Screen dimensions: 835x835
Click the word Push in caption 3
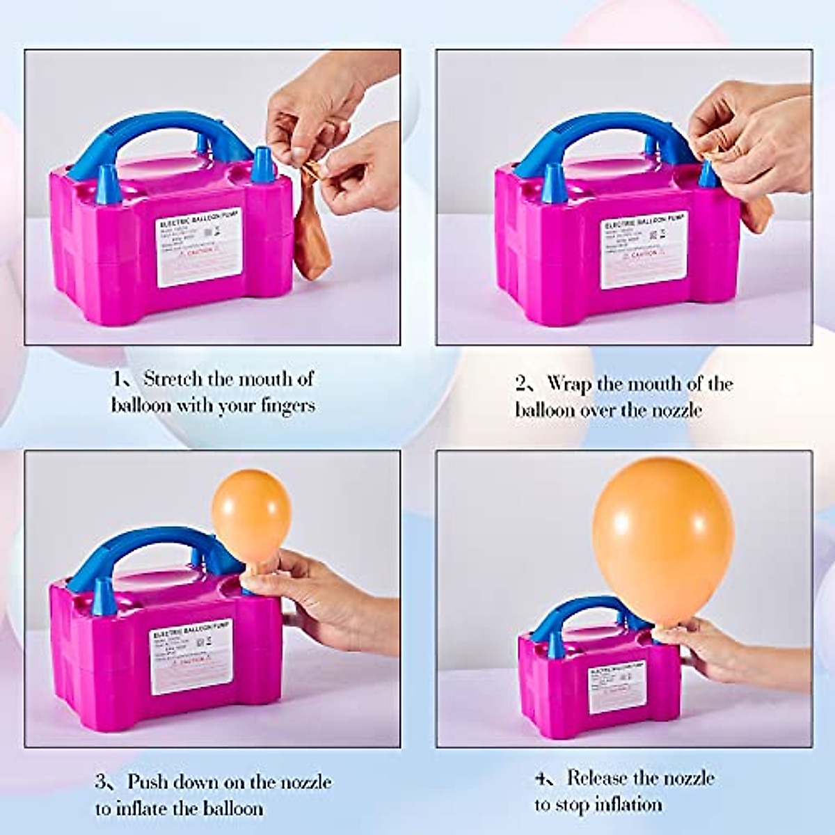tap(147, 781)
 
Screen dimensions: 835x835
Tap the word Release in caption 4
tap(604, 777)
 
